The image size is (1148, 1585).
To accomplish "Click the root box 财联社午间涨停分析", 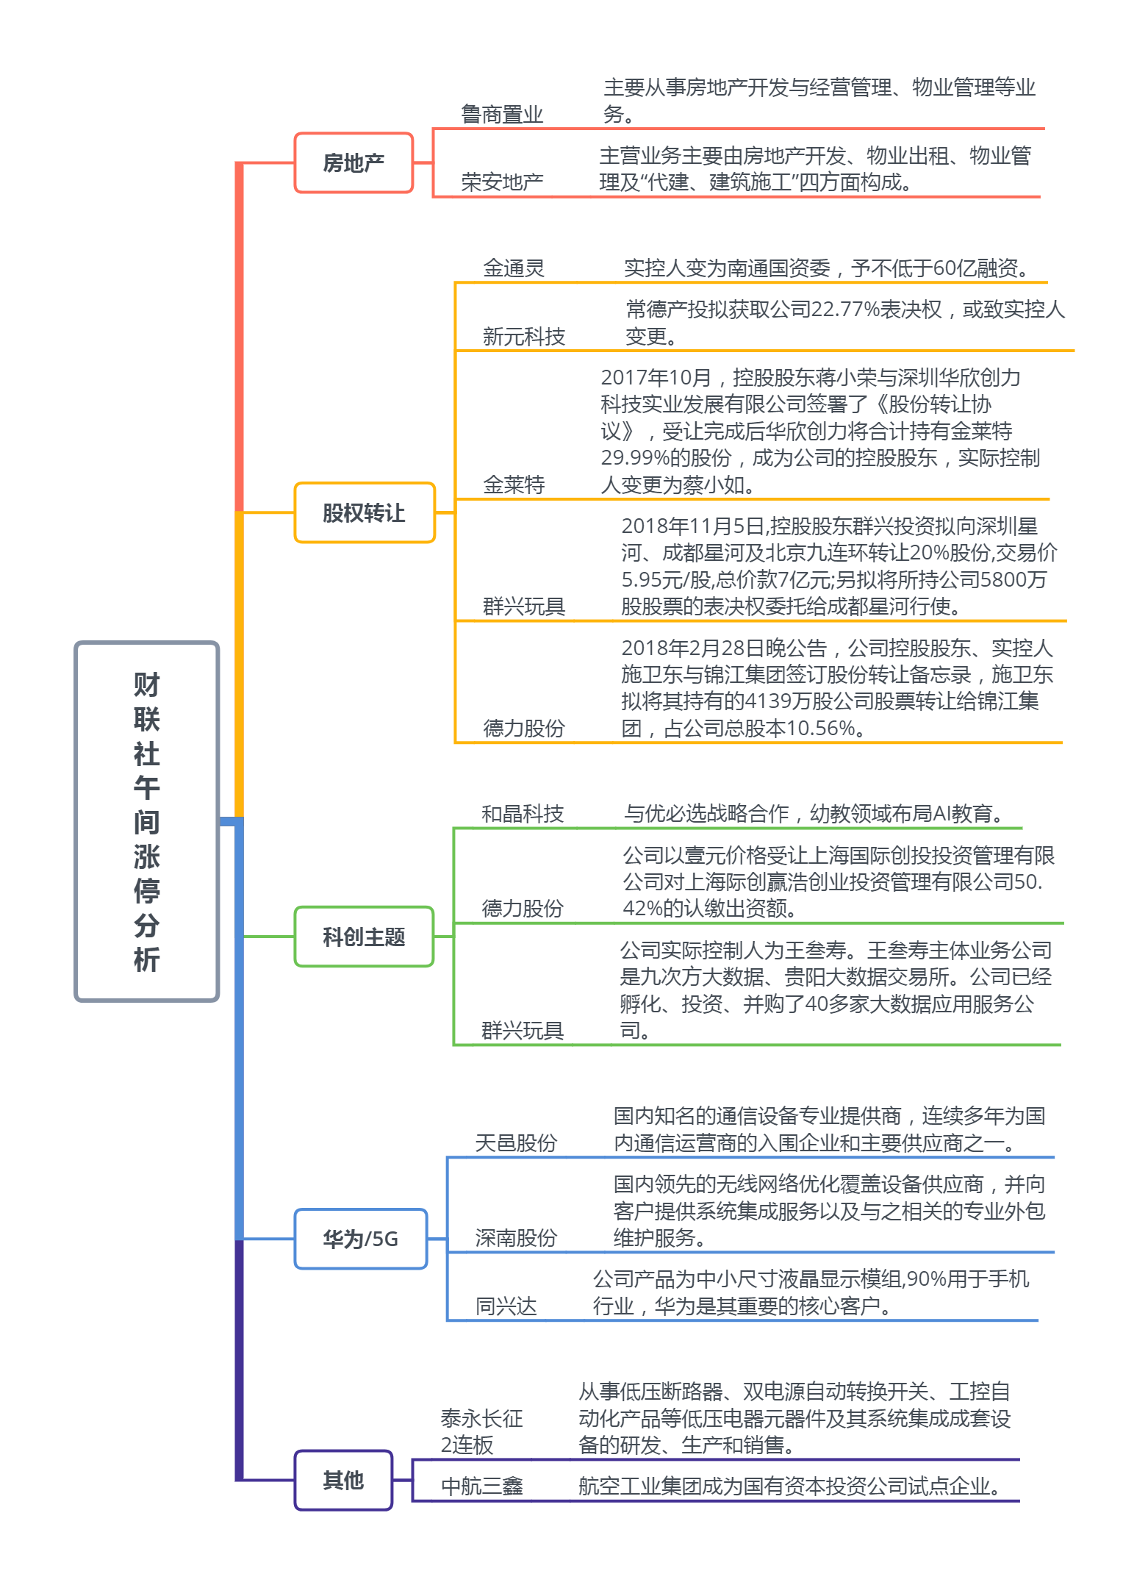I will pyautogui.click(x=147, y=821).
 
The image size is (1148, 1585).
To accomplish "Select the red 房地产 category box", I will pyautogui.click(x=354, y=163).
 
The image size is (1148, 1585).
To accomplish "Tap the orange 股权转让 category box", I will pyautogui.click(x=364, y=513).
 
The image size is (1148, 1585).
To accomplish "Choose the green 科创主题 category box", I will pyautogui.click(x=364, y=937).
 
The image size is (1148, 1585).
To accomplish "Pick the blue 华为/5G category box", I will pyautogui.click(x=360, y=1239).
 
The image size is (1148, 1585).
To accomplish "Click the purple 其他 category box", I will pyautogui.click(x=343, y=1480).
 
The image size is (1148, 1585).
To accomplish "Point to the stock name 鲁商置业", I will pyautogui.click(x=502, y=115).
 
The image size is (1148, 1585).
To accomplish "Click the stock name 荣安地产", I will pyautogui.click(x=502, y=182).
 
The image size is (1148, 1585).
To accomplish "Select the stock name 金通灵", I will pyautogui.click(x=514, y=268).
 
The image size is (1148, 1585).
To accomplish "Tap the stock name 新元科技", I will pyautogui.click(x=523, y=337).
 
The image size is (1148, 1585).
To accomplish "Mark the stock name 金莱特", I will pyautogui.click(x=514, y=484).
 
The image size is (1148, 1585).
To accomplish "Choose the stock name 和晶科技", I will pyautogui.click(x=522, y=814).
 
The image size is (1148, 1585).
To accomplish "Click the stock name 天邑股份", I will pyautogui.click(x=516, y=1143).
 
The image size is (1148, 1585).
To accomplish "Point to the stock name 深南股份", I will pyautogui.click(x=516, y=1238).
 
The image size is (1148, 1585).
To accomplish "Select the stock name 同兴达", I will pyautogui.click(x=506, y=1306).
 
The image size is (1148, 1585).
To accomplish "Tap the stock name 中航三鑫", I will pyautogui.click(x=481, y=1486).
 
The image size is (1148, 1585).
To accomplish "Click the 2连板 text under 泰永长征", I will pyautogui.click(x=467, y=1445).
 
